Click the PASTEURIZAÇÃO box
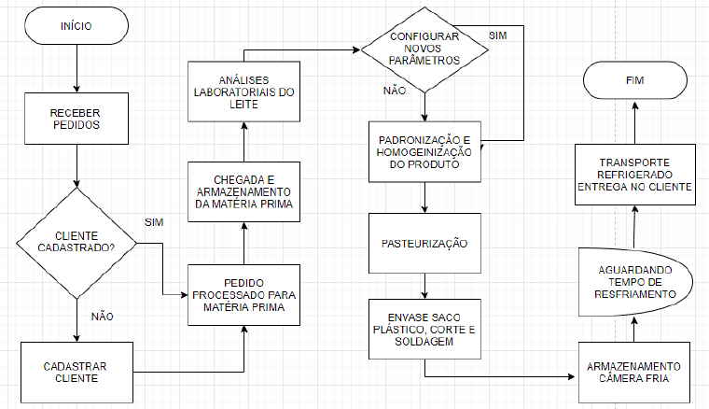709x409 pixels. [424, 244]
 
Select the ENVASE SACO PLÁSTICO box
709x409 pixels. [424, 330]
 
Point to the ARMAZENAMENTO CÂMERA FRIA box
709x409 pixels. [634, 373]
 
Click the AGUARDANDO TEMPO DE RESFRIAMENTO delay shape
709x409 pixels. [634, 280]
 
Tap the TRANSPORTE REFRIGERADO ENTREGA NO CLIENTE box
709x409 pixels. [634, 176]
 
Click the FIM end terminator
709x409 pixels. [634, 81]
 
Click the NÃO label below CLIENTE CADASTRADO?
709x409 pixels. [103, 316]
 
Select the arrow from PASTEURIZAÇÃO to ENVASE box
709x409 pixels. [424, 286]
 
